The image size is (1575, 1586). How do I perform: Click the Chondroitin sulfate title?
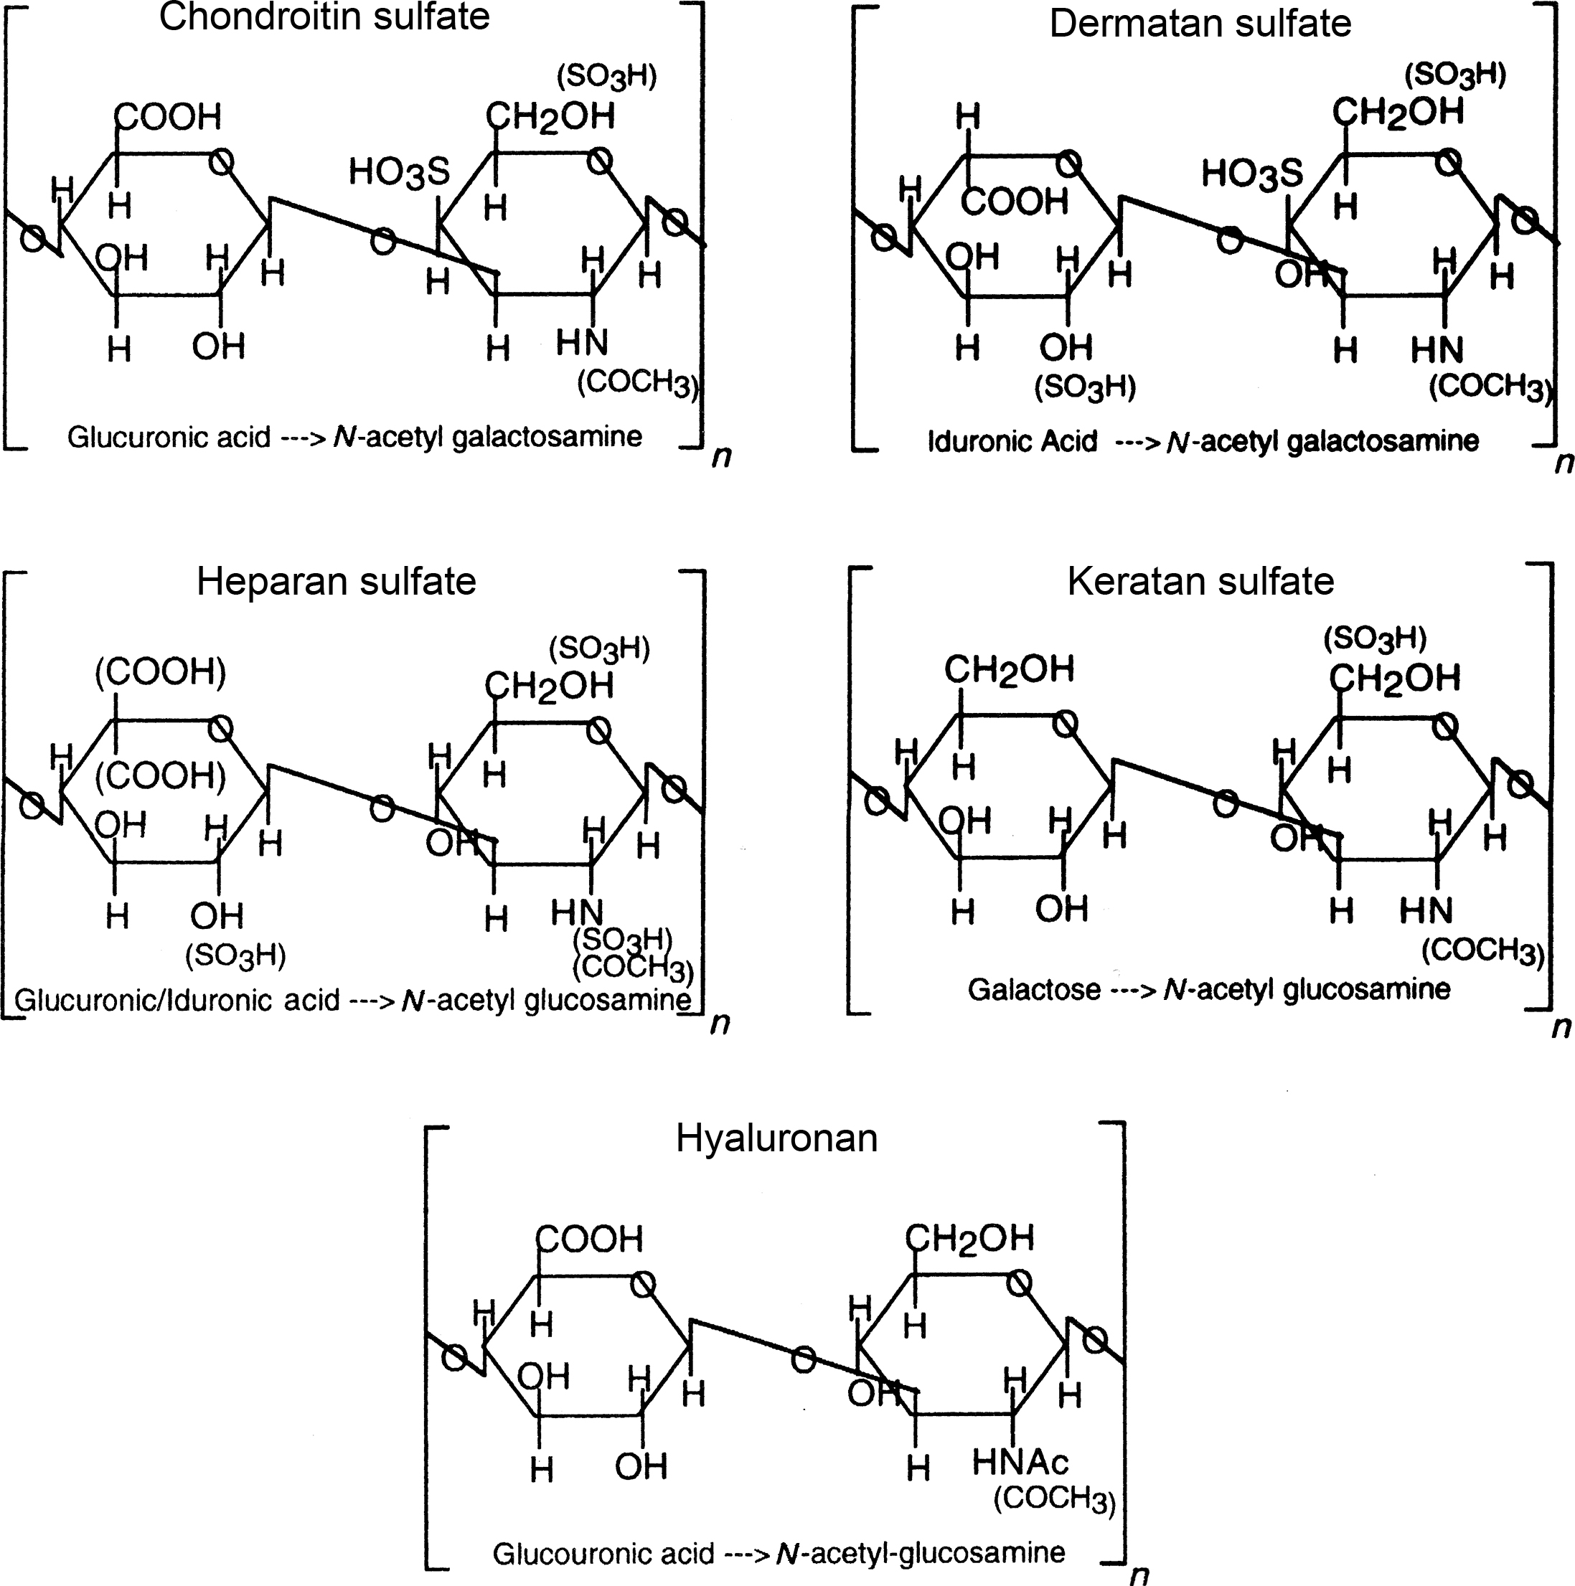(324, 17)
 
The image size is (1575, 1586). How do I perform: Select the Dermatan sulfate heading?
(1200, 23)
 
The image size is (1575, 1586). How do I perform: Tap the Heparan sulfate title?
(336, 581)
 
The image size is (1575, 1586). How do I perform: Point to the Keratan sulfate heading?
(1200, 581)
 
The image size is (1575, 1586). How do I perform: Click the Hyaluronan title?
(776, 1138)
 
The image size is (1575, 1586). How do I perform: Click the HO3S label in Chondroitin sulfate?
(399, 172)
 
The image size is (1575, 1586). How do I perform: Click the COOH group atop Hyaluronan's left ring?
(590, 1239)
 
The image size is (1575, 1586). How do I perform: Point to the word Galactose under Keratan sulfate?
(1033, 989)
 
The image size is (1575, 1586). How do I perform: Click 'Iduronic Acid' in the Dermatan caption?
(1012, 442)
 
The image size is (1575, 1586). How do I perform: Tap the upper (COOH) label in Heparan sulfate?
(160, 672)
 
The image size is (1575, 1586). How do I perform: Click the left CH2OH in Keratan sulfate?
(1008, 670)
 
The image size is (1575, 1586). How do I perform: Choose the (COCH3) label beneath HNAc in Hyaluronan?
(1054, 1499)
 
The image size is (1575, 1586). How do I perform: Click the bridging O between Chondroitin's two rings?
(382, 240)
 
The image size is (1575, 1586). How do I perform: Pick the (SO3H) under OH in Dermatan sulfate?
(1085, 387)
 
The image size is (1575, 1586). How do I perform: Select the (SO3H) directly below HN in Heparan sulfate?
(622, 938)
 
